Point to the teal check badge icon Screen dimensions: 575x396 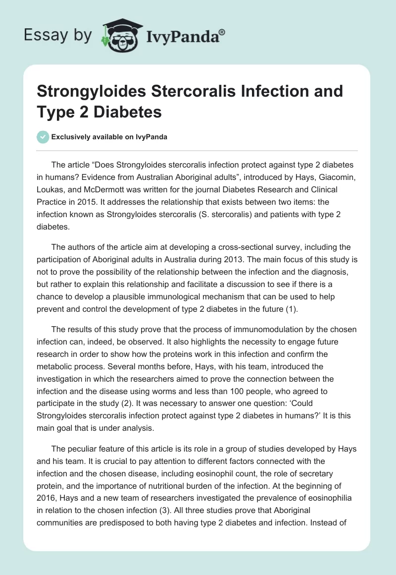(44, 137)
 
